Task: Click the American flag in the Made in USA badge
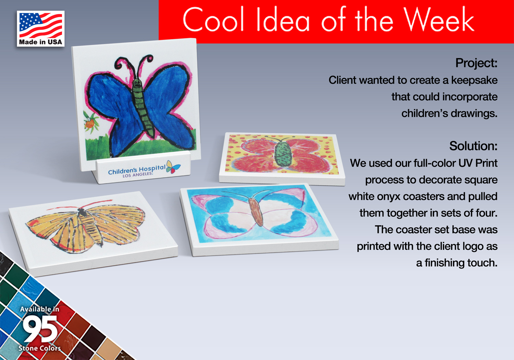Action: click(41, 25)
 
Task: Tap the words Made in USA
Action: click(41, 42)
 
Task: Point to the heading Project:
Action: click(476, 63)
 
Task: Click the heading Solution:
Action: click(473, 146)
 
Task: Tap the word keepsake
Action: click(474, 80)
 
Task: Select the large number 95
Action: click(40, 328)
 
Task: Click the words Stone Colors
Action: click(39, 348)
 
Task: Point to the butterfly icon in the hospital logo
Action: click(173, 167)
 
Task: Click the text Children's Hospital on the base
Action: click(137, 170)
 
